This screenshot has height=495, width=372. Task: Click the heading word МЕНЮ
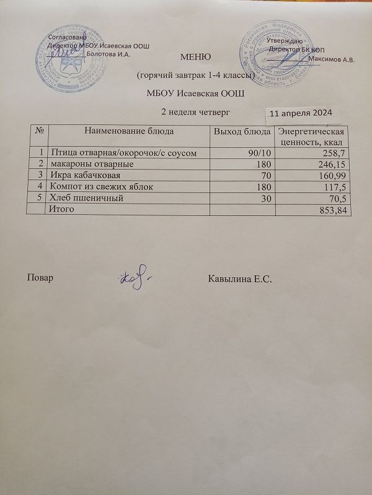tap(196, 58)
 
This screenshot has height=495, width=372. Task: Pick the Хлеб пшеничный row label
tap(84, 198)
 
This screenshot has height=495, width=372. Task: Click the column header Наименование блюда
tap(129, 131)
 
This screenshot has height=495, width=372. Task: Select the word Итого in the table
tap(62, 210)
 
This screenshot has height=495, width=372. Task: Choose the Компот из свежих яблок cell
tap(101, 186)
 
